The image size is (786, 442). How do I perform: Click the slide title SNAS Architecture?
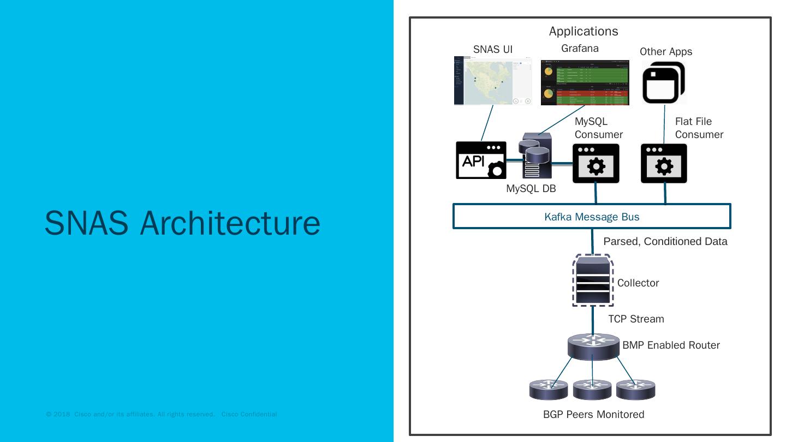point(182,223)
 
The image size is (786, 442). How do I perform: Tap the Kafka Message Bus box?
point(592,217)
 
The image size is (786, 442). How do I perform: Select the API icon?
point(481,160)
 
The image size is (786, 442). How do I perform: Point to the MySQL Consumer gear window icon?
point(596,164)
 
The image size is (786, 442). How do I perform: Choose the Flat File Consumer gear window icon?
point(664,164)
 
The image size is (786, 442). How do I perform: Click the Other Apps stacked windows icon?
point(663,83)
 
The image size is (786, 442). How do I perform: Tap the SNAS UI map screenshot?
point(493,80)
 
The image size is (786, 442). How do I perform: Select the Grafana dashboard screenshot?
point(585,82)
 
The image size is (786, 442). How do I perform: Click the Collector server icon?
point(592,280)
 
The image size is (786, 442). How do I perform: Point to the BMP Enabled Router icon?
point(593,345)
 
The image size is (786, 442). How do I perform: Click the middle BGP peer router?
point(592,390)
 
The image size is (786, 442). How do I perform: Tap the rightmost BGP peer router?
point(635,390)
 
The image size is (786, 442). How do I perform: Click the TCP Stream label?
point(636,319)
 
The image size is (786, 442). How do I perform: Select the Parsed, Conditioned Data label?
point(665,241)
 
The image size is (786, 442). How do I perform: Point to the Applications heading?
point(583,31)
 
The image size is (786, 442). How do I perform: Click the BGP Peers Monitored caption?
point(593,415)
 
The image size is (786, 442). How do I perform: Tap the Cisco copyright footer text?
point(162,415)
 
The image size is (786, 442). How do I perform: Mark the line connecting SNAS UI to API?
point(487,123)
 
